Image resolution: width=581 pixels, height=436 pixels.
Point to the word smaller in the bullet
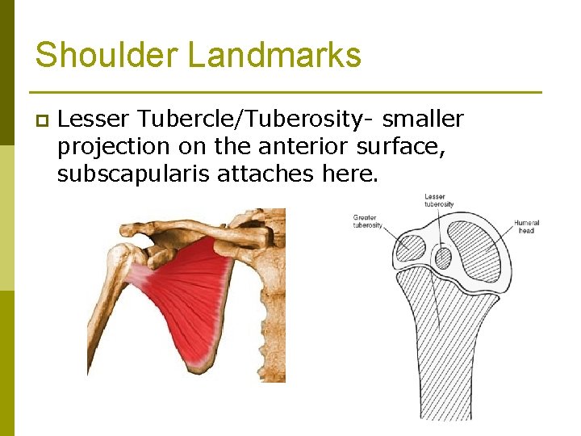(423, 119)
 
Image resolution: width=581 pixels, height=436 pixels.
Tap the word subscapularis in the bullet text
(133, 173)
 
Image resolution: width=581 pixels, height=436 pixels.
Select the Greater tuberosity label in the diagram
(367, 221)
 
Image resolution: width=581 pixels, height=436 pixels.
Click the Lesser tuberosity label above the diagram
(439, 200)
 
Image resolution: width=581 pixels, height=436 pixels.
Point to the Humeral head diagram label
(526, 226)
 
